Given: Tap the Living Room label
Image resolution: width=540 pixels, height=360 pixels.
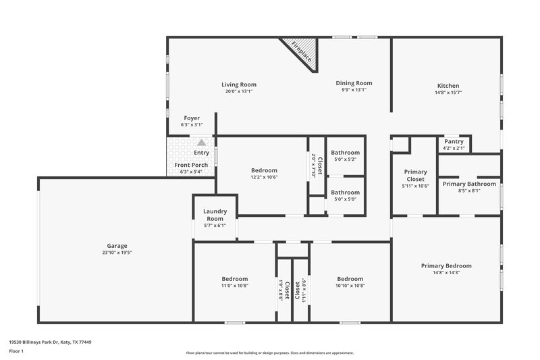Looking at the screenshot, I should (x=239, y=85).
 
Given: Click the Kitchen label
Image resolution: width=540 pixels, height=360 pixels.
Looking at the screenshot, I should (x=448, y=86).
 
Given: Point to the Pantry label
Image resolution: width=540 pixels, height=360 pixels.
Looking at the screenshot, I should (x=454, y=141).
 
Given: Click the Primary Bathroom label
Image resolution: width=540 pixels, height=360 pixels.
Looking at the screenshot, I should (x=469, y=184).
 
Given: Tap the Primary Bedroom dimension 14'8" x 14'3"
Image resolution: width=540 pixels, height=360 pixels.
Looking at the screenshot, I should (x=446, y=273).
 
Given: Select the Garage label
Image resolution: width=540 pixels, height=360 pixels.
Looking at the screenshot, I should (x=116, y=246).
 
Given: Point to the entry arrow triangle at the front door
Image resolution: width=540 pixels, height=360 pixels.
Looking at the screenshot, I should (x=201, y=143).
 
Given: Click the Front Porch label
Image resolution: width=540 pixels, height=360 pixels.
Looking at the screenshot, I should (x=191, y=165).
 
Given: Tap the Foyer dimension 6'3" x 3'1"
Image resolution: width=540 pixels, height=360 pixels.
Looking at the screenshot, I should (x=192, y=125).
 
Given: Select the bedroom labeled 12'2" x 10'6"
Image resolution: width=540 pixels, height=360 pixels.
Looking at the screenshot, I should (x=264, y=170).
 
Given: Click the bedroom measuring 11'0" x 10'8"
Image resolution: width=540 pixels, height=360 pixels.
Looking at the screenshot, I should (x=235, y=279).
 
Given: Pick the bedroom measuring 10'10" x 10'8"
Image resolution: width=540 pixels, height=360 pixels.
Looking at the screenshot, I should (x=350, y=279).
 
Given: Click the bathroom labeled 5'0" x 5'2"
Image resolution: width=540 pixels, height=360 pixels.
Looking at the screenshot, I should (x=345, y=153).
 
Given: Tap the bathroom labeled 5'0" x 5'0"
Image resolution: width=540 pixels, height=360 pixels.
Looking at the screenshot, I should (x=345, y=192).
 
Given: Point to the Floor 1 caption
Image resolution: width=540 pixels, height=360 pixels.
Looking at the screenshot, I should (x=16, y=352).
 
